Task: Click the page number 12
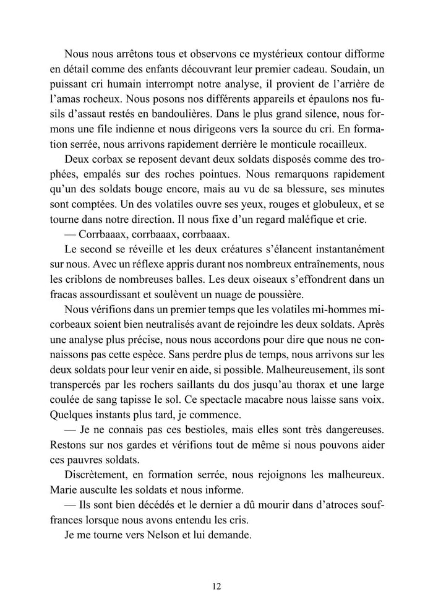click(216, 587)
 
